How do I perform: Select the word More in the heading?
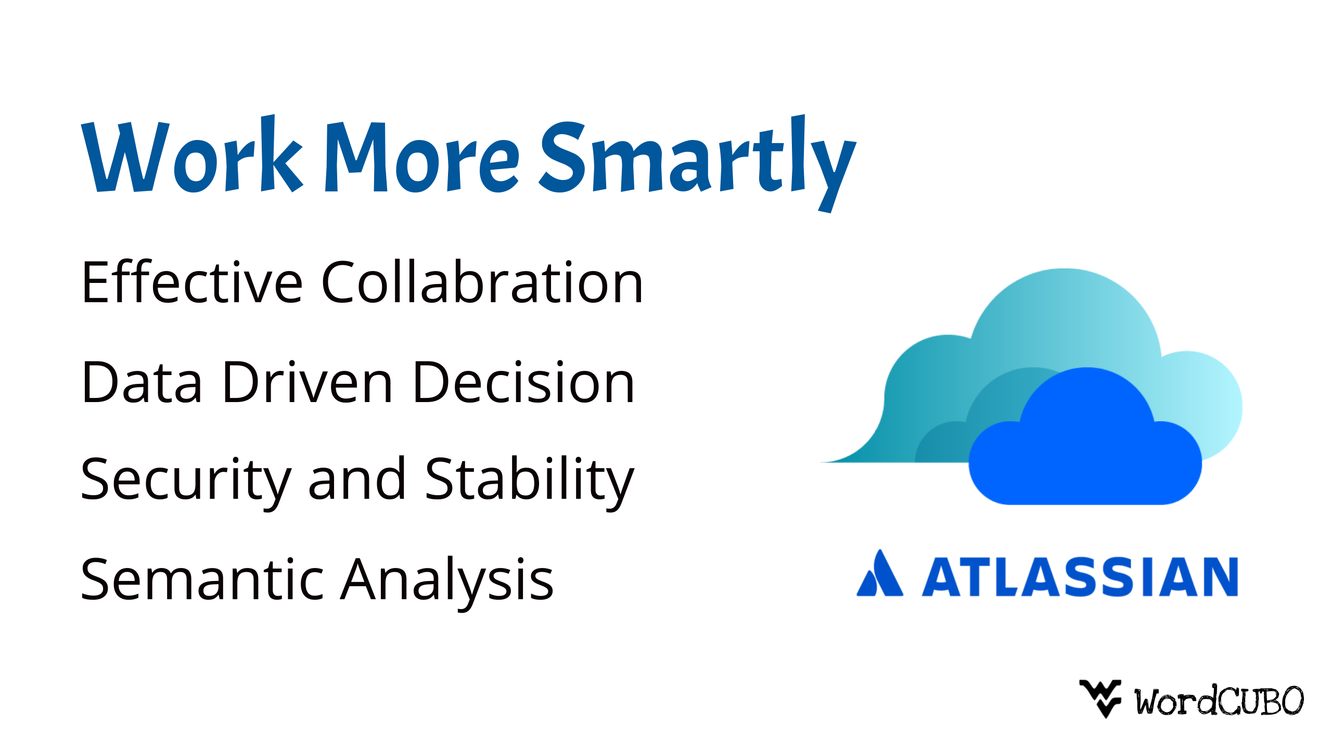pyautogui.click(x=421, y=157)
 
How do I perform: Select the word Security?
pyautogui.click(x=186, y=482)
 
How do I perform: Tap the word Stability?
pyautogui.click(x=530, y=482)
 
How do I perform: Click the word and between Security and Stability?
pyautogui.click(x=357, y=478)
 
